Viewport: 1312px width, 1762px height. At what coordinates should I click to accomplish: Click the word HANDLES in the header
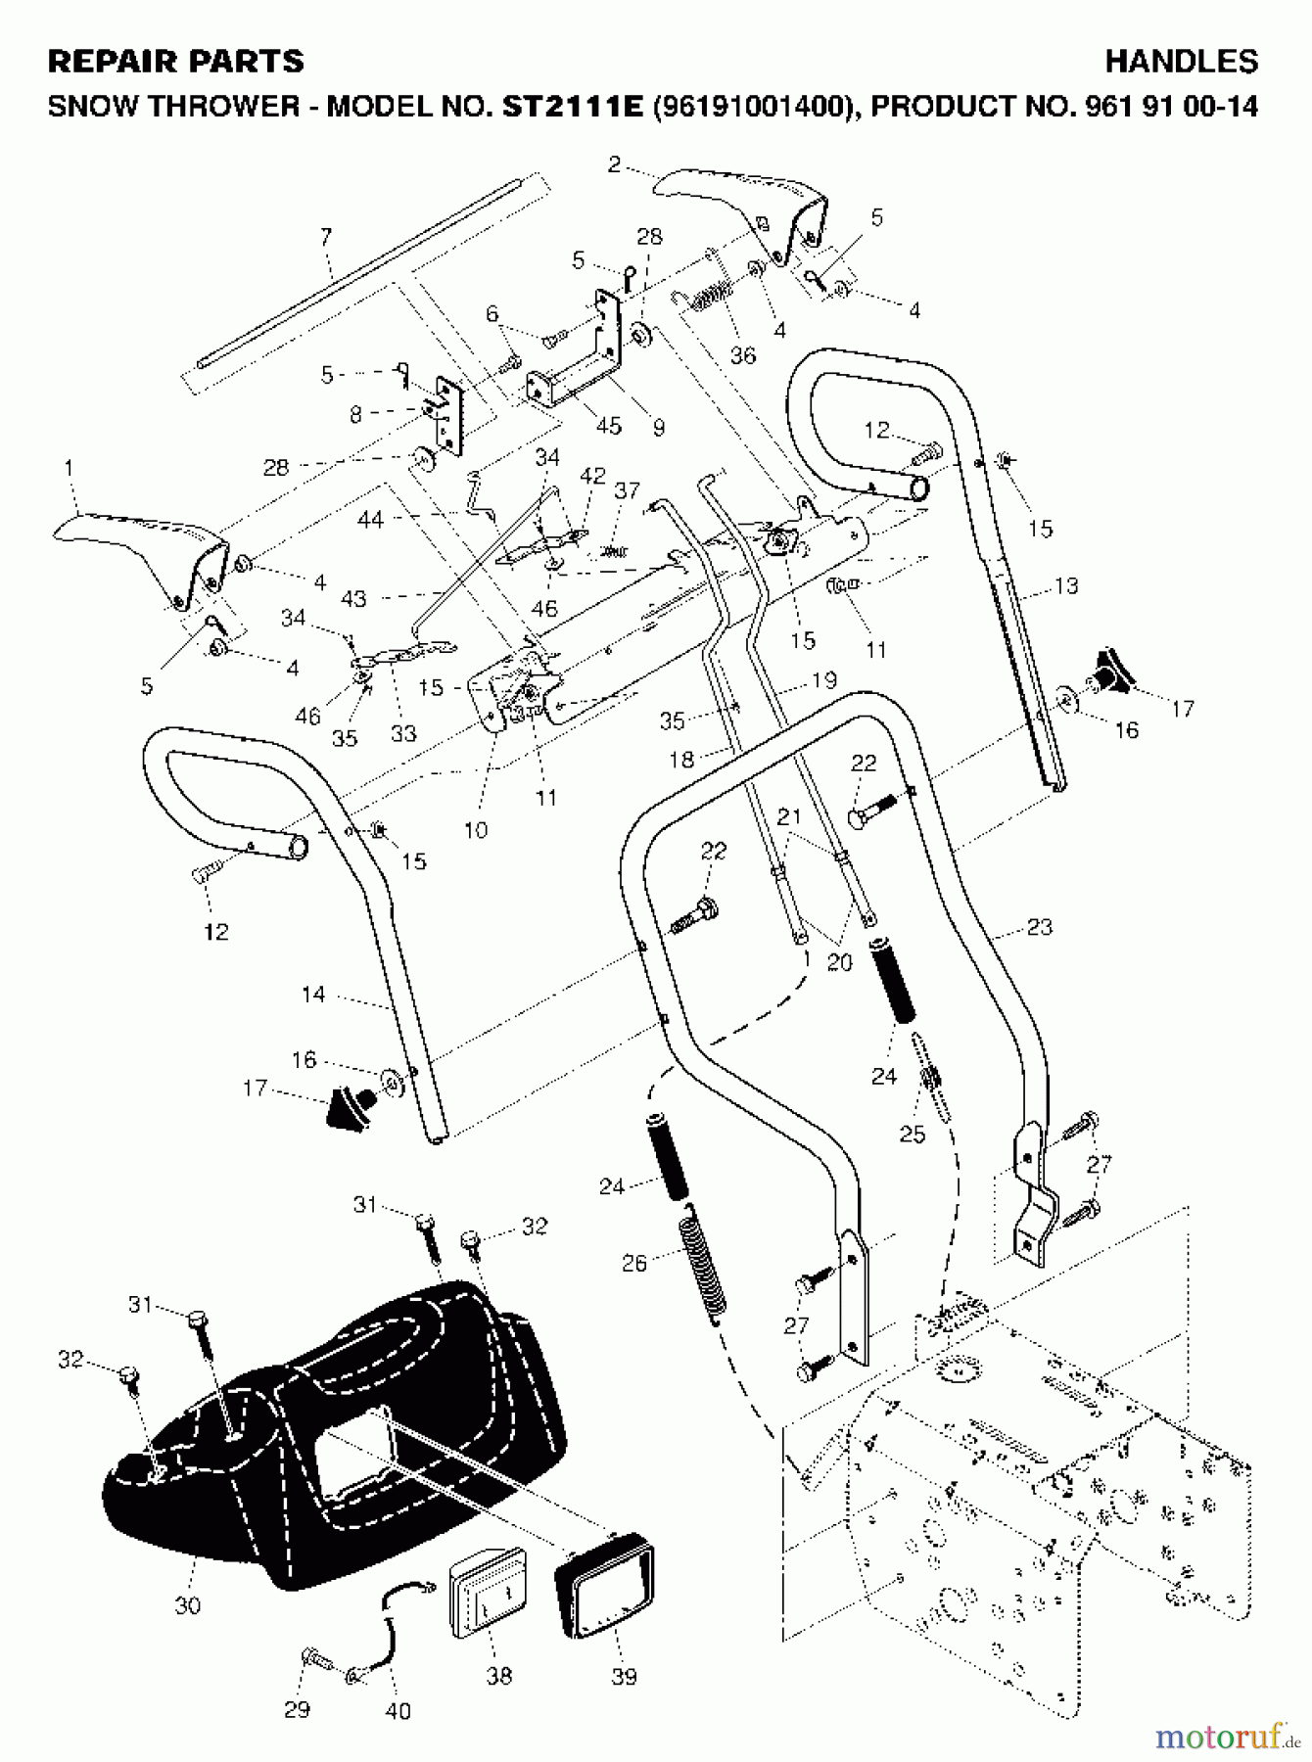(1181, 62)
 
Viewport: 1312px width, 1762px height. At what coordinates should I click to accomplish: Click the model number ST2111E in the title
(572, 106)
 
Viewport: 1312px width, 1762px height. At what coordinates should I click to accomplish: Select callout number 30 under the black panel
(187, 1605)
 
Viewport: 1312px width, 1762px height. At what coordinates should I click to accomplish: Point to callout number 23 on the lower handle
(1039, 926)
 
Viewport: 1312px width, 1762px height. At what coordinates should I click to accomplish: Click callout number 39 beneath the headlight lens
(624, 1676)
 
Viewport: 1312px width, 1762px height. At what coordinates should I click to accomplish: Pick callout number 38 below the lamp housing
(498, 1676)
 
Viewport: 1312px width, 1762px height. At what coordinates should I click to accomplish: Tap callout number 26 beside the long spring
(634, 1263)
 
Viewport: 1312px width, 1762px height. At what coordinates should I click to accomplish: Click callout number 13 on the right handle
(1065, 585)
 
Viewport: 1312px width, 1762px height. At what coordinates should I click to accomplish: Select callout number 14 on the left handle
(313, 995)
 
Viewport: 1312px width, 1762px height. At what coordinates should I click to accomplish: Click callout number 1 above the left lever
(69, 469)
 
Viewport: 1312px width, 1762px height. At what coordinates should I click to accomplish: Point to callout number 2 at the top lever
(614, 164)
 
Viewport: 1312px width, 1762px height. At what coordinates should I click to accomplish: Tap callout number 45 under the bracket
(609, 426)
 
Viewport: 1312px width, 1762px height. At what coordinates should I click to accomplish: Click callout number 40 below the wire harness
(398, 1710)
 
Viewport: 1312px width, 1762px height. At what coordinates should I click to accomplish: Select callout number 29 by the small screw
(297, 1709)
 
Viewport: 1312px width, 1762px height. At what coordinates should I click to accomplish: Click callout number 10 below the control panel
(476, 830)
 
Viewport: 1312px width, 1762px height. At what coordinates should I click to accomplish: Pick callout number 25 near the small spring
(913, 1134)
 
